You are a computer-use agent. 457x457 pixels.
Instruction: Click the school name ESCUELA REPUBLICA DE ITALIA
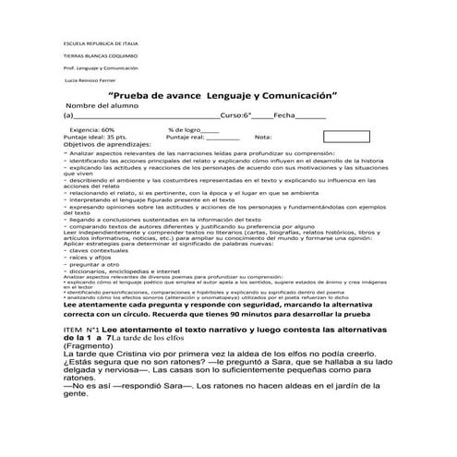(99, 44)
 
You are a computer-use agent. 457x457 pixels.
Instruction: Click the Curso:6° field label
(236, 117)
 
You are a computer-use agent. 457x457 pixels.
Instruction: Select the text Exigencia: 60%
(91, 130)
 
